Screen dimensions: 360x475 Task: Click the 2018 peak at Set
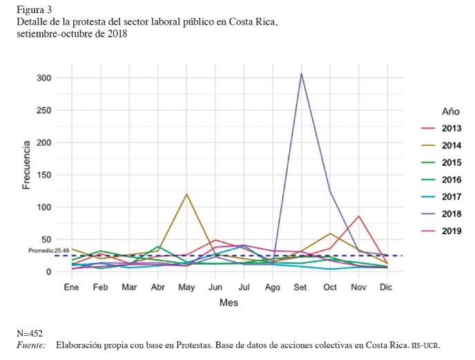(x=301, y=73)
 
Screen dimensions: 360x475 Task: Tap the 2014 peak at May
(x=186, y=194)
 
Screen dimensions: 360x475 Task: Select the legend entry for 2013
(x=452, y=128)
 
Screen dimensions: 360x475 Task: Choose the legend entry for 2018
(x=452, y=214)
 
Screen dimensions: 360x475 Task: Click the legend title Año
(x=451, y=111)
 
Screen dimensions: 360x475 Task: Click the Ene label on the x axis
(x=71, y=286)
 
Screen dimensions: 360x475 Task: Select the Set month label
(x=301, y=286)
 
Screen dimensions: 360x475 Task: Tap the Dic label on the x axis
(x=387, y=286)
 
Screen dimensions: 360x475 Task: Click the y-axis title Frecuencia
(x=26, y=165)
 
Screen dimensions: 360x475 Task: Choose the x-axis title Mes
(x=229, y=303)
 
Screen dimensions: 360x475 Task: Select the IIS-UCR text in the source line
(x=425, y=345)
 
